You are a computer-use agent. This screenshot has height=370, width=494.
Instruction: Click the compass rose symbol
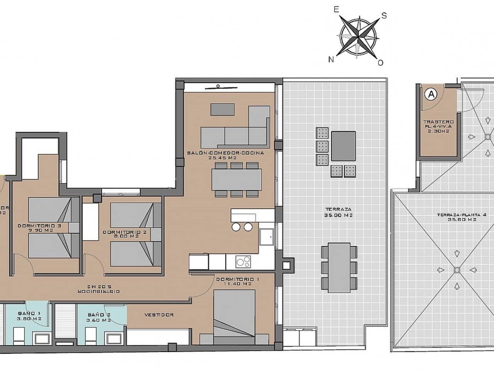(358, 37)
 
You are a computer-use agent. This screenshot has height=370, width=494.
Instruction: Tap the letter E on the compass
(336, 10)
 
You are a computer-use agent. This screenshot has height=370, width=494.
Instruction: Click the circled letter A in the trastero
(431, 94)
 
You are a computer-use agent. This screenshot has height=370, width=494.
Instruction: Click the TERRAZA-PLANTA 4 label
(456, 217)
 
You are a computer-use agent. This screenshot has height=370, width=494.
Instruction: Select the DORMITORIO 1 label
(234, 281)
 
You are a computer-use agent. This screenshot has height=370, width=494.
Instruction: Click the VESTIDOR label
(159, 315)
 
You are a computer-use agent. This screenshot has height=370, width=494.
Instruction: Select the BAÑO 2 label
(99, 317)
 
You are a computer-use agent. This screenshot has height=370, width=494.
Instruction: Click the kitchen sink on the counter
(267, 237)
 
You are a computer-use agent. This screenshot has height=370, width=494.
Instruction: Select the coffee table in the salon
(222, 109)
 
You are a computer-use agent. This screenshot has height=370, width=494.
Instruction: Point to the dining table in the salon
(237, 180)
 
